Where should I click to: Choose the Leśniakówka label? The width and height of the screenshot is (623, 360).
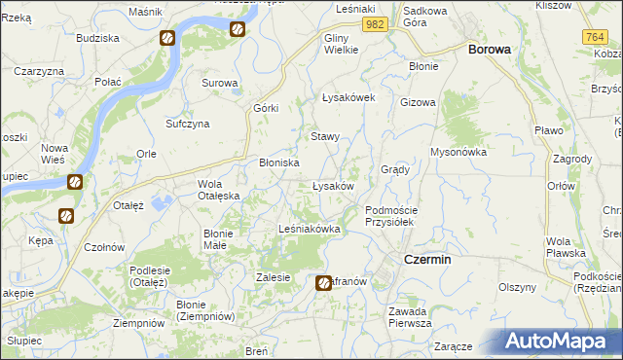(x=309, y=230)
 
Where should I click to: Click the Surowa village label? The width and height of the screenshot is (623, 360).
(x=220, y=83)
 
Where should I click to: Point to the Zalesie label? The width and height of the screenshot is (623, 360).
(x=274, y=277)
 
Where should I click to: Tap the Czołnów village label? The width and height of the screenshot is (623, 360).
(x=103, y=247)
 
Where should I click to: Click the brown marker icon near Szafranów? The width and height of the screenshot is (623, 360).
(x=325, y=283)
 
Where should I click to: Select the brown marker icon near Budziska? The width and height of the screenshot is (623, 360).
(x=167, y=39)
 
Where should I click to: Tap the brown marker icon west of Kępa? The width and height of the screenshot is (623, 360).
(x=66, y=216)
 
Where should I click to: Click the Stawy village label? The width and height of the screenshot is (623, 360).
(x=325, y=137)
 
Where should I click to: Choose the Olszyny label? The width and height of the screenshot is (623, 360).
(x=518, y=287)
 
